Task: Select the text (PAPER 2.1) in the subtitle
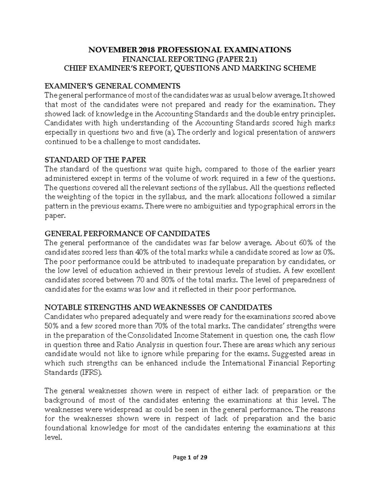[x=235, y=59]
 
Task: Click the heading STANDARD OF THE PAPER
[x=95, y=160]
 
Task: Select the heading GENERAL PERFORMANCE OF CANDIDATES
[x=127, y=234]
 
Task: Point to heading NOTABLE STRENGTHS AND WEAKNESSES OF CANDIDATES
[x=158, y=308]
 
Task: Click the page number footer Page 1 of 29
[x=190, y=457]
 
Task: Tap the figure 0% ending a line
[x=327, y=252]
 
